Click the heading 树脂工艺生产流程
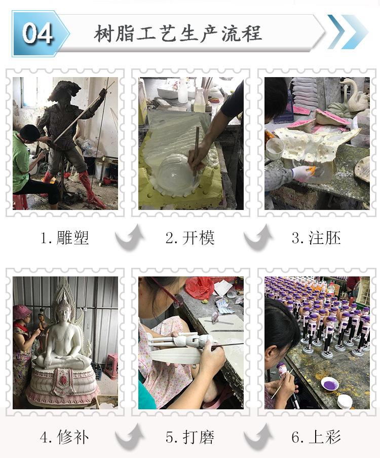178,33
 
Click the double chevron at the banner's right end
348,32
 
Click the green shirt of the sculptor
20,162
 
